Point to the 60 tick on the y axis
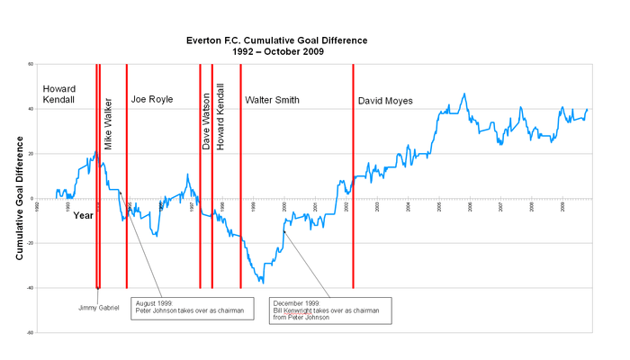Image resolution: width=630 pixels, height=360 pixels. tap(31, 64)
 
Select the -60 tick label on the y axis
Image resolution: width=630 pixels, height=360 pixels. tap(30, 333)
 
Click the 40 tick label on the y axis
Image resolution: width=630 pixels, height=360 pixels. tap(31, 109)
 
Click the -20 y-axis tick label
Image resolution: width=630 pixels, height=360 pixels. tap(30, 243)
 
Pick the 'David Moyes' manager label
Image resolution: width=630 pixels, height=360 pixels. tap(385, 101)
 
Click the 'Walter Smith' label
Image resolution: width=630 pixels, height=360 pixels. tap(272, 100)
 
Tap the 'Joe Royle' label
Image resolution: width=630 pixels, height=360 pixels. tap(151, 99)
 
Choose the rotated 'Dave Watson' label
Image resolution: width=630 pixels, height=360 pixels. tap(206, 121)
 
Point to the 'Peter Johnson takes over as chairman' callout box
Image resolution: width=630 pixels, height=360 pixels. tap(190, 307)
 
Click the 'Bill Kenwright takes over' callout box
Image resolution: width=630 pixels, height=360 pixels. tap(331, 310)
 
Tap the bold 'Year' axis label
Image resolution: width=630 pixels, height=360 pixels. tap(83, 215)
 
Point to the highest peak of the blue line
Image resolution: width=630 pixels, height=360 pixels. tap(464, 94)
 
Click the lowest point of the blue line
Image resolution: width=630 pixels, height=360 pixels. tap(263, 283)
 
